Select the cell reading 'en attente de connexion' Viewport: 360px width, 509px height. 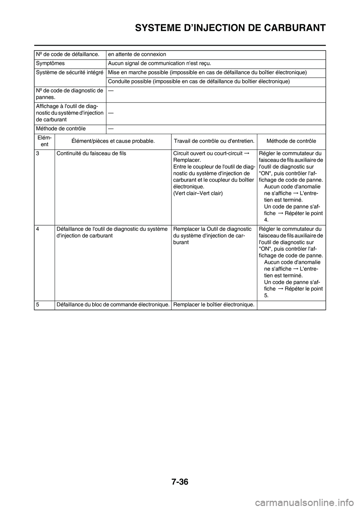pos(137,55)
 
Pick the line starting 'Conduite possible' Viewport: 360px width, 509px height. pos(199,81)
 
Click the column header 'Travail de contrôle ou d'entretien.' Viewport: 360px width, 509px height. pos(214,141)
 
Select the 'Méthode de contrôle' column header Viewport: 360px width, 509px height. pos(291,141)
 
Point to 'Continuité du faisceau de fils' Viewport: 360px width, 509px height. pos(91,153)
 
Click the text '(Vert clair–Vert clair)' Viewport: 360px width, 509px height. pos(198,193)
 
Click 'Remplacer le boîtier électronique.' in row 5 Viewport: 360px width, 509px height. pos(214,305)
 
